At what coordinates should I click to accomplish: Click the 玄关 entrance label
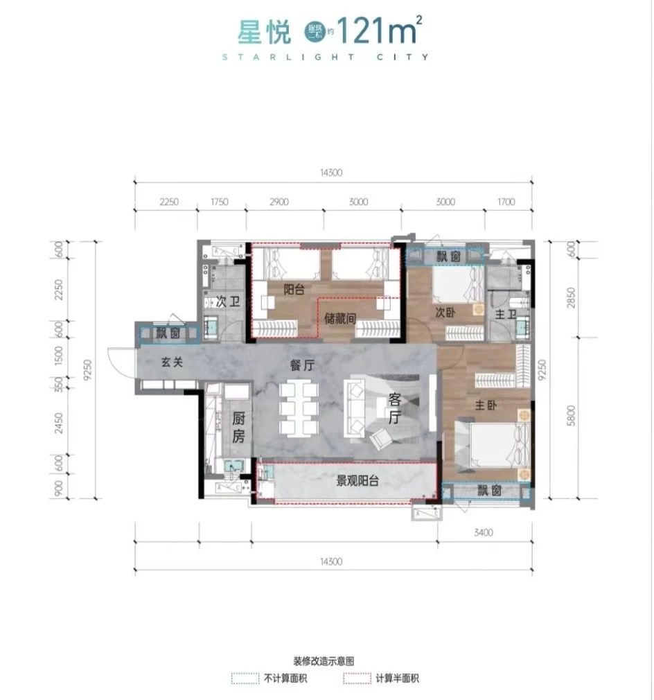[x=172, y=362]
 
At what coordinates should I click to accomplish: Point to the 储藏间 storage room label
[x=341, y=319]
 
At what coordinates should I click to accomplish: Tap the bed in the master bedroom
[x=493, y=443]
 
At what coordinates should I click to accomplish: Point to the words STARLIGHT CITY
[x=326, y=58]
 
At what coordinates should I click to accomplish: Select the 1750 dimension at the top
[x=218, y=202]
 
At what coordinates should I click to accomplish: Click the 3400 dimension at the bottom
[x=484, y=532]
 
